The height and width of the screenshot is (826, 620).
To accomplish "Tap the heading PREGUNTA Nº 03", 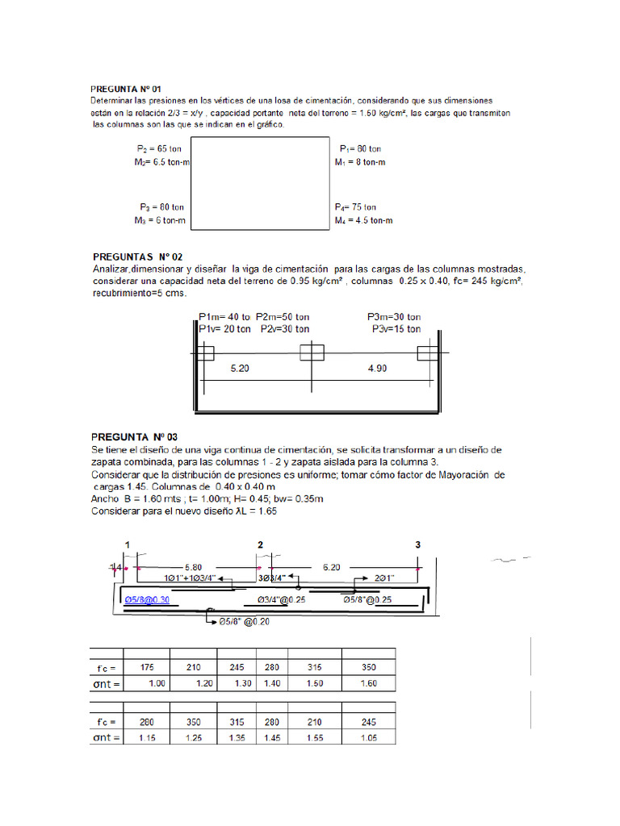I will pyautogui.click(x=134, y=436).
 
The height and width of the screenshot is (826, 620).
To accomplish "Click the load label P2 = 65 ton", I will pyautogui.click(x=160, y=149).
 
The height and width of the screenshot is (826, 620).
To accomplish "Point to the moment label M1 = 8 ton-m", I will pyautogui.click(x=360, y=162).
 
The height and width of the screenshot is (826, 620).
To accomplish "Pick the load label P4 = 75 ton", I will pyautogui.click(x=358, y=207).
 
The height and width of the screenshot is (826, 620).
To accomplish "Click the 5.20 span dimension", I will pyautogui.click(x=239, y=368).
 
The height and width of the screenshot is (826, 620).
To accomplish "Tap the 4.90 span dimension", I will pyautogui.click(x=377, y=368).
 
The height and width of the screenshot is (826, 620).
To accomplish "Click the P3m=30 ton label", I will pyautogui.click(x=393, y=317).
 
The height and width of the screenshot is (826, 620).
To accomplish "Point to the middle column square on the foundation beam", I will pyautogui.click(x=311, y=353).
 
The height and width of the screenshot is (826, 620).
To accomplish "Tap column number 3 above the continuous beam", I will pyautogui.click(x=417, y=545).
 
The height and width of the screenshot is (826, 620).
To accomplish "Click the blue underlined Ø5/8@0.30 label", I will pyautogui.click(x=146, y=599).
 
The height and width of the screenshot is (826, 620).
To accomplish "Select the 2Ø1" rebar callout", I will pyautogui.click(x=382, y=579).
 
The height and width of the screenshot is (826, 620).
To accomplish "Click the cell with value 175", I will pyautogui.click(x=146, y=668).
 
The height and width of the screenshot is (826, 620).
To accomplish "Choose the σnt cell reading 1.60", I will pyautogui.click(x=368, y=683).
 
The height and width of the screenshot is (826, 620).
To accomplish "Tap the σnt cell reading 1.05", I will pyautogui.click(x=368, y=737).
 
